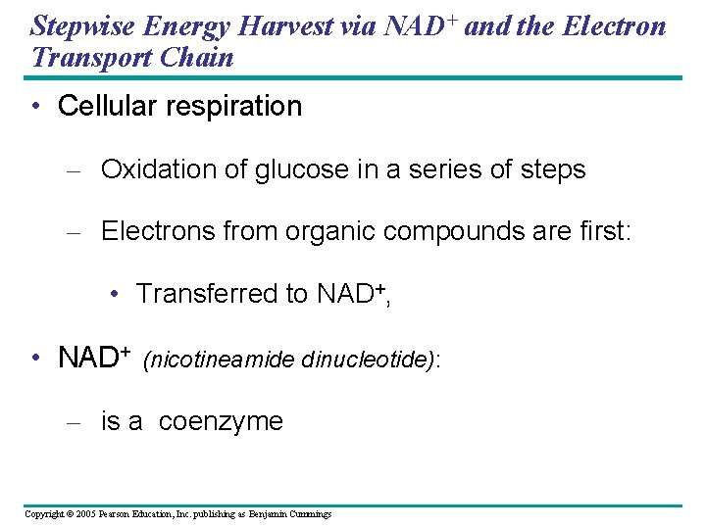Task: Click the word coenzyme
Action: tap(221, 422)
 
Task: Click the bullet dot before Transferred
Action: tap(116, 295)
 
